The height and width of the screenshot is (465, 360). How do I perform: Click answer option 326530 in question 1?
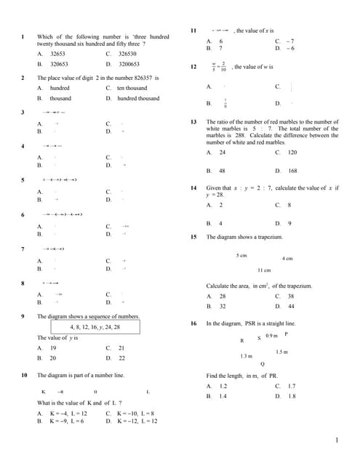click(127, 54)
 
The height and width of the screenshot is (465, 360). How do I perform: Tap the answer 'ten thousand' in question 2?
click(132, 88)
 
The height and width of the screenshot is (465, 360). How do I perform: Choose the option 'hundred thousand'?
click(138, 98)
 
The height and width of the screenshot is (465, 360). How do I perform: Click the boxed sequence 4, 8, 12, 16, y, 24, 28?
click(95, 328)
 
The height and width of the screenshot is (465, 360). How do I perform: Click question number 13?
click(193, 122)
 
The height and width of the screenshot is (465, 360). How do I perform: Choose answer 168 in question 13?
click(292, 171)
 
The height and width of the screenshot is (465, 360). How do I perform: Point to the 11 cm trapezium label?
click(263, 270)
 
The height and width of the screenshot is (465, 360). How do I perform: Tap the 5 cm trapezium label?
click(241, 255)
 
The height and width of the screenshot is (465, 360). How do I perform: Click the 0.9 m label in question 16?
click(271, 336)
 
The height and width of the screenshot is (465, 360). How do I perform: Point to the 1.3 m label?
click(246, 357)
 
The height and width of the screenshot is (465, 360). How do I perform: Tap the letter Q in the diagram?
click(263, 363)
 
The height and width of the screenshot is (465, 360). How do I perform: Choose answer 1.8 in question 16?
click(292, 397)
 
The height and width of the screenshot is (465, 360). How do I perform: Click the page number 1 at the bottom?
click(337, 440)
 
